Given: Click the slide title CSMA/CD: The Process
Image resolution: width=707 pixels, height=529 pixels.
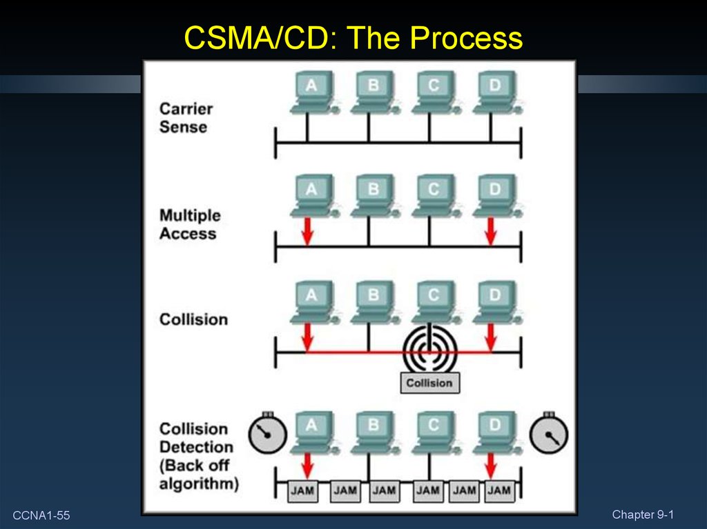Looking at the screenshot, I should point(353,39).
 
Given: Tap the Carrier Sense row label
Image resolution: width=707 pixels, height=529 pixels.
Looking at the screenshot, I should point(186,117).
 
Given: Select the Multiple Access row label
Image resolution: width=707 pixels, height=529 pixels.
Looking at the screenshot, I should point(188,224).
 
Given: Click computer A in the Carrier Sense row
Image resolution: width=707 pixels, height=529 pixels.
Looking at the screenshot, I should point(311,91).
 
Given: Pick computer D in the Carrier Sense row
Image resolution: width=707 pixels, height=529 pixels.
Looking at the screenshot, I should point(494,91).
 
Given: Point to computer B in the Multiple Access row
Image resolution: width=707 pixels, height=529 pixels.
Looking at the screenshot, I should point(373,194).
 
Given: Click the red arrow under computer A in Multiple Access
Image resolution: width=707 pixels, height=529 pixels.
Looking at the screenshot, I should point(308,230).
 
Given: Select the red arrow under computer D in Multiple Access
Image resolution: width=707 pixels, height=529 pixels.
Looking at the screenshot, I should point(490,230).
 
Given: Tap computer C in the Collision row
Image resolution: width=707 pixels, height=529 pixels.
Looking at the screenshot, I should point(433,301).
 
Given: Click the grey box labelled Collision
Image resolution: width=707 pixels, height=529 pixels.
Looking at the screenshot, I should point(429,383).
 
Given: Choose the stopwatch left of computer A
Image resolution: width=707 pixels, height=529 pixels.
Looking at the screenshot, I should point(267,434).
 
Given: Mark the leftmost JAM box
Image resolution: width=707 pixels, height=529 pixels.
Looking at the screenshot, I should point(302,491).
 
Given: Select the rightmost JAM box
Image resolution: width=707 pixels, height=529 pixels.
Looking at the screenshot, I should point(498,491).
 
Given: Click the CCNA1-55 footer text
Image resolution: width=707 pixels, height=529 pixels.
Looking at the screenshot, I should point(41,516).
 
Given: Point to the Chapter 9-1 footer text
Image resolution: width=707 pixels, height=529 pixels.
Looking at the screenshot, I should point(642,515).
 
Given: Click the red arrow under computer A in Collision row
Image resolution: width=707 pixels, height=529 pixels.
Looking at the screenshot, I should point(308,336).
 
